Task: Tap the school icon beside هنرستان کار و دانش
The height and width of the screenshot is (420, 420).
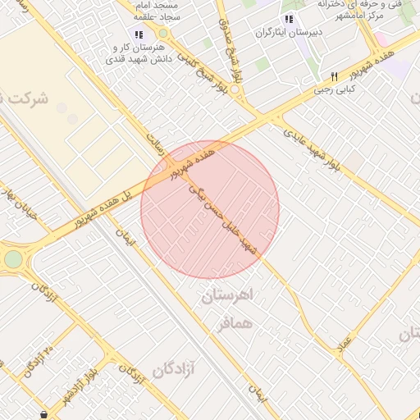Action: pyautogui.click(x=137, y=34)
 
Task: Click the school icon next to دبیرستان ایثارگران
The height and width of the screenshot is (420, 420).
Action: pyautogui.click(x=289, y=19)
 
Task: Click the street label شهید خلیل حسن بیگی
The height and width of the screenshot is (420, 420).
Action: pyautogui.click(x=226, y=218)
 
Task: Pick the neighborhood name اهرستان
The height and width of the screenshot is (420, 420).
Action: pyautogui.click(x=229, y=295)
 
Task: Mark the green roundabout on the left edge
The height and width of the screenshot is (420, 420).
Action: pyautogui.click(x=13, y=260)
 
